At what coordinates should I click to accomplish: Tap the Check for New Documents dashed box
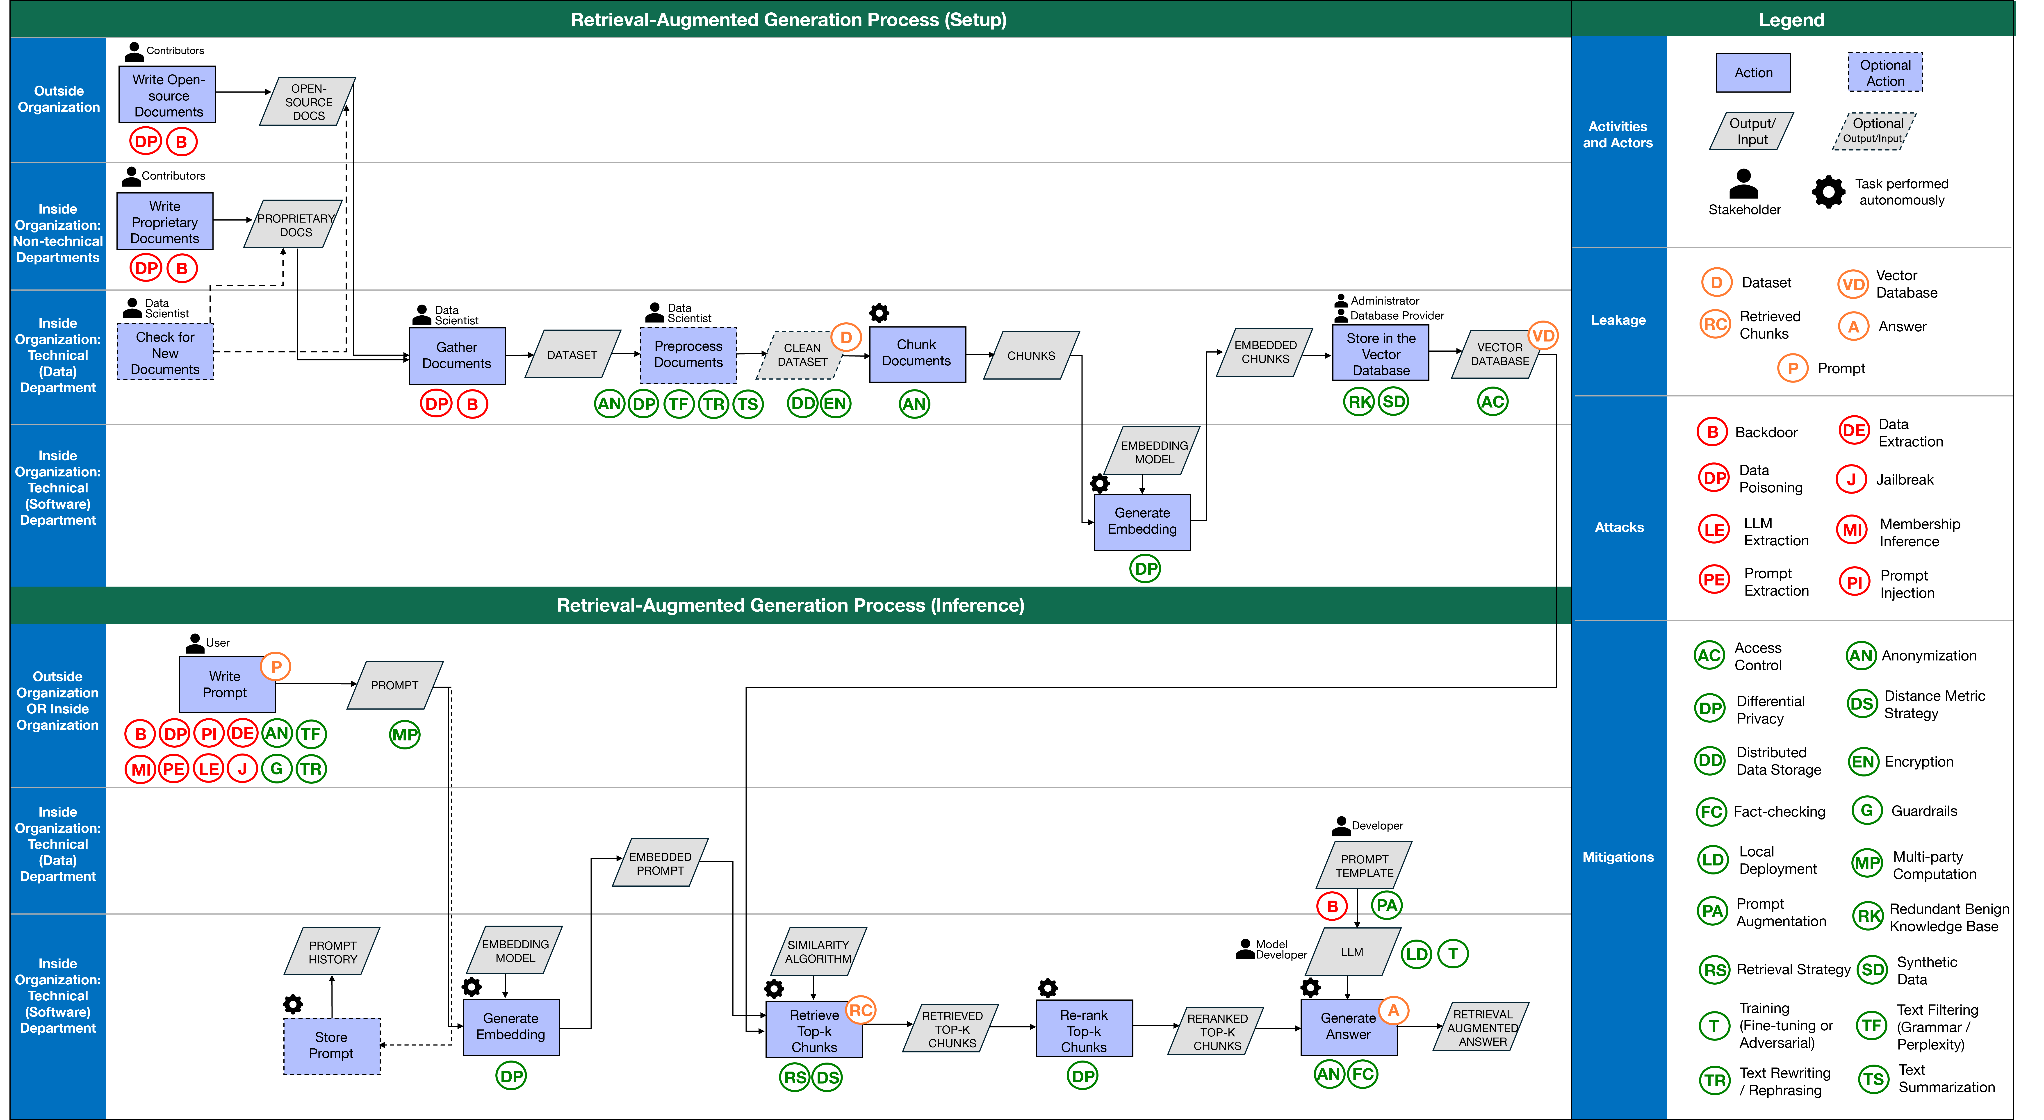[165, 352]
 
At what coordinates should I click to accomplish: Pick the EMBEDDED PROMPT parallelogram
[660, 863]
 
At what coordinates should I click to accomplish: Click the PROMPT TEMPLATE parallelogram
[1364, 865]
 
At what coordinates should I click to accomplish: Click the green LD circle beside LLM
[1416, 954]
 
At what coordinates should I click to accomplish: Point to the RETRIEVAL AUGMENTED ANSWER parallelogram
[1481, 1027]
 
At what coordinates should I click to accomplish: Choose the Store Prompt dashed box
[332, 1045]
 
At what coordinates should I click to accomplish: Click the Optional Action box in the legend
[1885, 73]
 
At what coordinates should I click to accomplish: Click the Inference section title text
[790, 605]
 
